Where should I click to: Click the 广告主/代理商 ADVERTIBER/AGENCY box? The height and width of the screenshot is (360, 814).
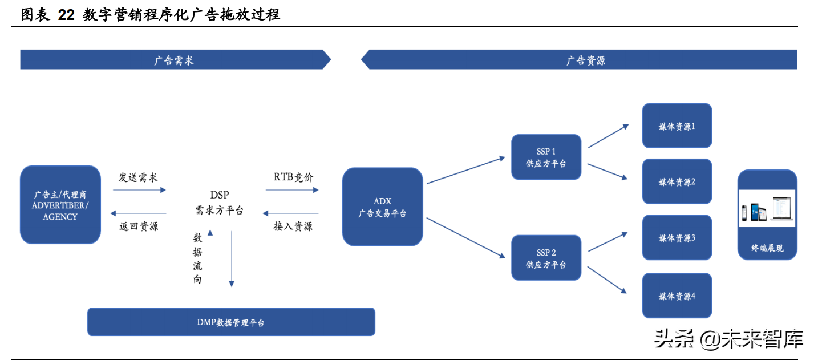[x=60, y=204]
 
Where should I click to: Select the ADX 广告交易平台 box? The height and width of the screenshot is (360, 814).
[x=382, y=207]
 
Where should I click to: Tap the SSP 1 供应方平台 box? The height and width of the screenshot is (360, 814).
[x=546, y=157]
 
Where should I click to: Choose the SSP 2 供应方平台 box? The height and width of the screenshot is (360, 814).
[x=546, y=258]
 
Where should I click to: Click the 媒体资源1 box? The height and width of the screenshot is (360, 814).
[x=677, y=126]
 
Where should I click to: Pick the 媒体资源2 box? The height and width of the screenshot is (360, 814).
[x=677, y=181]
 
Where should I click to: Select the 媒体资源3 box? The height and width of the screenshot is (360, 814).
[x=677, y=237]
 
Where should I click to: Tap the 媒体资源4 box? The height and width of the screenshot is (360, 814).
[x=677, y=296]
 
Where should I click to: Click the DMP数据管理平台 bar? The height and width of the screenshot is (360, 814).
[x=231, y=322]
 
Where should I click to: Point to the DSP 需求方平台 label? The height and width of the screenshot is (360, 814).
[x=220, y=203]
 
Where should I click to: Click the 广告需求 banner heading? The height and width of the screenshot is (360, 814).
[x=174, y=60]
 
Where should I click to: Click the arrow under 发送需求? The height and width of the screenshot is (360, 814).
[x=139, y=191]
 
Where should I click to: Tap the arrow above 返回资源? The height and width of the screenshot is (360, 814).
[x=139, y=213]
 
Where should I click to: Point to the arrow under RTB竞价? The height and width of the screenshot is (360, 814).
[x=292, y=191]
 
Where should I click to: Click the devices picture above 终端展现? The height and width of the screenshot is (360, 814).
[x=767, y=209]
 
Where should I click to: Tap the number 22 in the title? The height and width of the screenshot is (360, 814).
[x=66, y=15]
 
